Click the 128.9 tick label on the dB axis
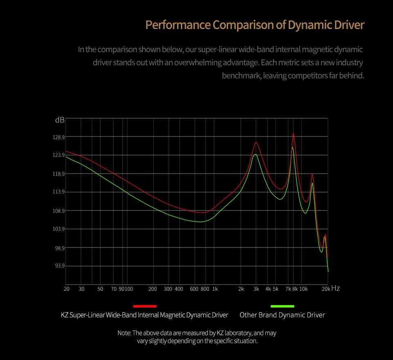(59, 137)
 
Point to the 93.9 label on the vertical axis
(59, 266)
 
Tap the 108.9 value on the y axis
(59, 211)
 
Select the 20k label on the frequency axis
(326, 289)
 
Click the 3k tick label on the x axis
(256, 289)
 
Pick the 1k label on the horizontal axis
(215, 289)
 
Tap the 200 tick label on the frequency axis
(153, 289)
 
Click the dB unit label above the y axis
(60, 120)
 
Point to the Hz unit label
(335, 288)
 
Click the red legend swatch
(145, 306)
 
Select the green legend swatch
(282, 306)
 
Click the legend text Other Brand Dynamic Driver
(282, 315)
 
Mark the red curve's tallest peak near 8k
(293, 134)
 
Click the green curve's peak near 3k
(255, 154)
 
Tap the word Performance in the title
(178, 25)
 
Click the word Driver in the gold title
(348, 25)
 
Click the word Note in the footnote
(124, 333)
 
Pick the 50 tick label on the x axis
(100, 289)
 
